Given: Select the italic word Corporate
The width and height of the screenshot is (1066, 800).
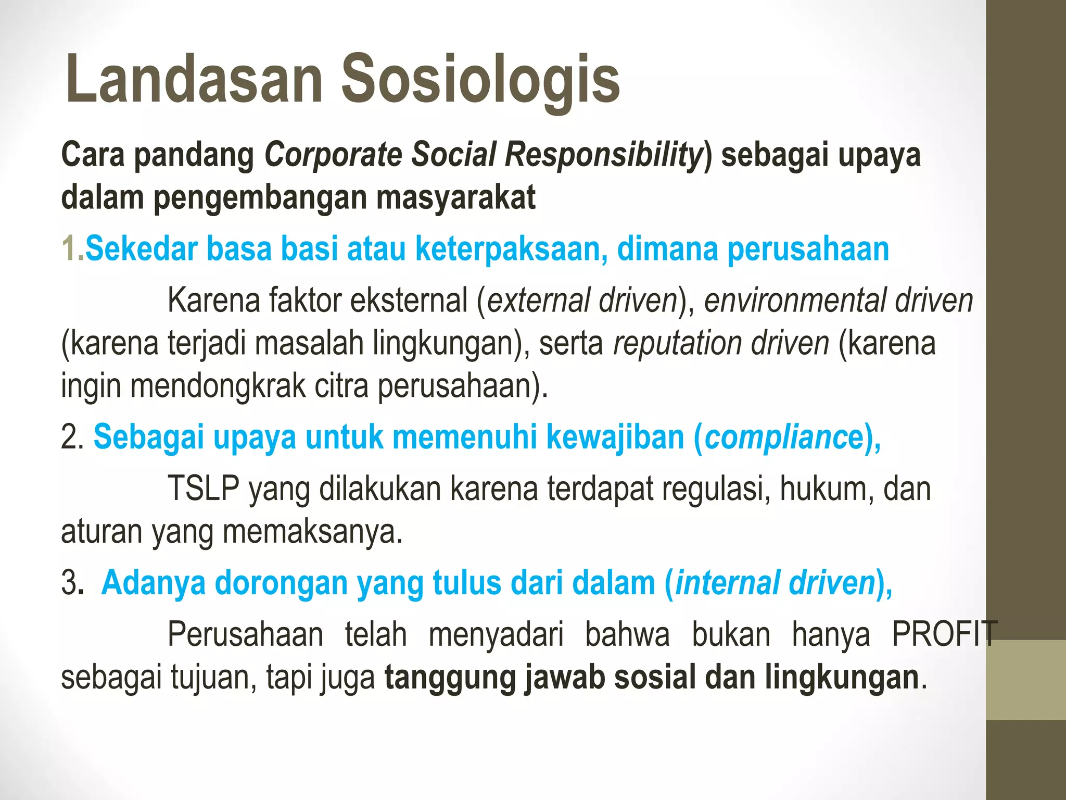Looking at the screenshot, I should (334, 155).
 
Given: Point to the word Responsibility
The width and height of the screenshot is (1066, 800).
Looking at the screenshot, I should (604, 155).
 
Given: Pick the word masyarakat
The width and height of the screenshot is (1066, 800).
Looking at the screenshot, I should (456, 198).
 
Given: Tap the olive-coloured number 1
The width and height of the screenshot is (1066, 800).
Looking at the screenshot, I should (69, 248).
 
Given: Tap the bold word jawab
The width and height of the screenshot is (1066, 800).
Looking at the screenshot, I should (564, 677).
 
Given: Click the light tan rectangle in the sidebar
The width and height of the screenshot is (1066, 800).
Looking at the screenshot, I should (1026, 680).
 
